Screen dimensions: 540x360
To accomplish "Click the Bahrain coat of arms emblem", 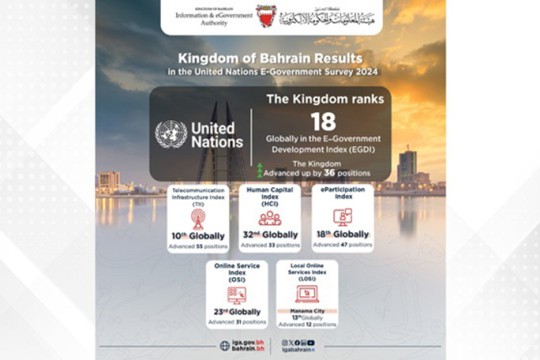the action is coord(263,16).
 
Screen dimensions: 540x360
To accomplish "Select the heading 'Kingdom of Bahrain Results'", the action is coord(271,59).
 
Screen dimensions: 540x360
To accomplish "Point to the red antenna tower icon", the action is coord(196,218).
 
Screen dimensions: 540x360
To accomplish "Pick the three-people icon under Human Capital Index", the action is coord(270,217).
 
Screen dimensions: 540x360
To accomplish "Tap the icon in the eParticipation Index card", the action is coord(341,217).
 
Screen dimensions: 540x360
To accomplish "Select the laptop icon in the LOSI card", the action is coord(306,293).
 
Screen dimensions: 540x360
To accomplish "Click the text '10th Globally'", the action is coord(197,237).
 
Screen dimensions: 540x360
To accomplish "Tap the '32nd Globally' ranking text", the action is coord(270,236).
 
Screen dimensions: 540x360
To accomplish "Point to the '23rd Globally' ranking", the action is coord(236,312).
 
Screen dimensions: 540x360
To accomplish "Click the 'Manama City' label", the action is coord(306,310).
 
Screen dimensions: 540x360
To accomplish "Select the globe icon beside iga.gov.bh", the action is coord(224,345).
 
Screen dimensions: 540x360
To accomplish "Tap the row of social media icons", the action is coord(297,341).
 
